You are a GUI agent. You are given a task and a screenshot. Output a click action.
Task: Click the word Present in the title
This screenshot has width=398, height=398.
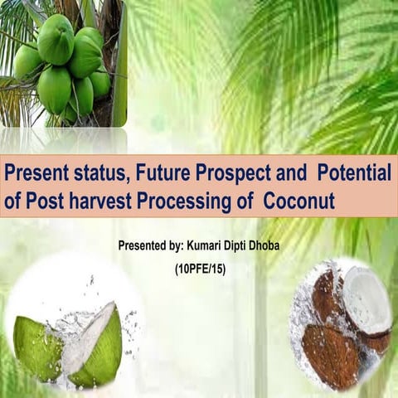(35, 175)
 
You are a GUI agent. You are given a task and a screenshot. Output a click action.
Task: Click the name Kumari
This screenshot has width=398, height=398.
(207, 246)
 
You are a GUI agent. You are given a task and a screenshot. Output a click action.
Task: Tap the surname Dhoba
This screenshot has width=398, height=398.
(283, 246)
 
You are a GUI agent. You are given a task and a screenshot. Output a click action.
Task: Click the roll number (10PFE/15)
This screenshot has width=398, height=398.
(201, 269)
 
